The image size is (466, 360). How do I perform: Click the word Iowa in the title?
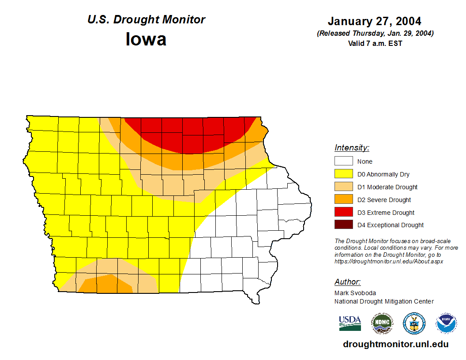click(x=146, y=39)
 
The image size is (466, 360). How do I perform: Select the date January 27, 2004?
click(x=374, y=21)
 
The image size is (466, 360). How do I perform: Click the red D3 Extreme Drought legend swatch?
click(x=343, y=212)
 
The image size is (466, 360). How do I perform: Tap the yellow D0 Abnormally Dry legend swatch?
click(x=343, y=174)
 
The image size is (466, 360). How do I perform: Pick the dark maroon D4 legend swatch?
click(x=343, y=225)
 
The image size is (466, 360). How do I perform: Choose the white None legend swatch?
click(x=343, y=161)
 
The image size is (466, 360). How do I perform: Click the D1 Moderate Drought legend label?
click(x=387, y=187)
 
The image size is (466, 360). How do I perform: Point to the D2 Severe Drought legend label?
click(x=384, y=200)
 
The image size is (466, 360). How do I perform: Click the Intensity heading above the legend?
click(x=352, y=148)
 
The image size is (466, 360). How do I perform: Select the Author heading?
click(x=347, y=282)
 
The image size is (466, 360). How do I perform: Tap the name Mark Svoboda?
click(x=355, y=292)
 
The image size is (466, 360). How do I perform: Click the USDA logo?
click(x=350, y=323)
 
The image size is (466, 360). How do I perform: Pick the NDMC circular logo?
click(x=382, y=323)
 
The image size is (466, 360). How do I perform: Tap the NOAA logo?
click(x=446, y=323)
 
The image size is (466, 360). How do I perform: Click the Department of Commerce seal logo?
click(x=414, y=323)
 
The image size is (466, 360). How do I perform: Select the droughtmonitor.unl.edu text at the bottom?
click(x=395, y=345)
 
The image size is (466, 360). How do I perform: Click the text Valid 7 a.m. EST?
click(x=375, y=43)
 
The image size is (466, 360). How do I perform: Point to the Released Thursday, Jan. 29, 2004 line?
click(x=375, y=34)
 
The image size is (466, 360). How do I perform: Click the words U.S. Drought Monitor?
click(x=146, y=20)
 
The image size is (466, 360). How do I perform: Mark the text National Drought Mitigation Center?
click(x=384, y=301)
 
